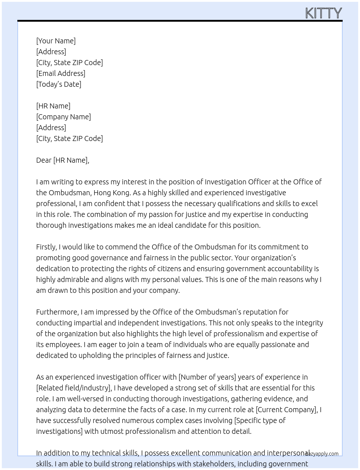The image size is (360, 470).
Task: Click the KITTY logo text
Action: click(x=323, y=13)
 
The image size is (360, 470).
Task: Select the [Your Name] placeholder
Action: click(x=56, y=41)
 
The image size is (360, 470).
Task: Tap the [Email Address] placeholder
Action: click(x=61, y=73)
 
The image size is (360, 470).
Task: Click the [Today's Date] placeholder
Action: click(x=59, y=84)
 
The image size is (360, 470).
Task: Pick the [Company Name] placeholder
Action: click(x=64, y=117)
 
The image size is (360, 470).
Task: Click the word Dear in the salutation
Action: click(x=44, y=160)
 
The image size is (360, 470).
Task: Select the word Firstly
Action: click(x=46, y=247)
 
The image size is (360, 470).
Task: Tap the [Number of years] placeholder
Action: click(x=207, y=377)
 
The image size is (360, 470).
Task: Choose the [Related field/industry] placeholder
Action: click(x=74, y=388)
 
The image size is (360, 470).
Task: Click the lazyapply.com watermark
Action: click(x=322, y=454)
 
